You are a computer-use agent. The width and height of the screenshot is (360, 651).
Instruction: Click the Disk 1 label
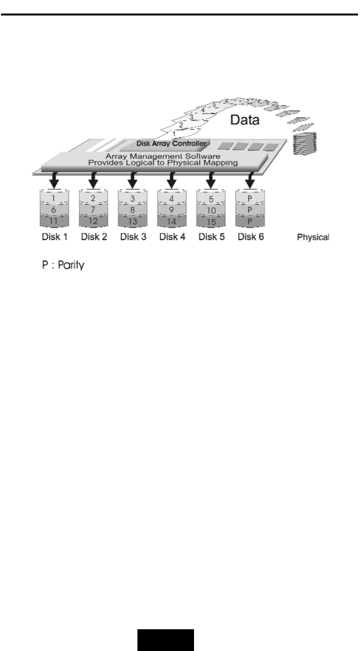(54, 237)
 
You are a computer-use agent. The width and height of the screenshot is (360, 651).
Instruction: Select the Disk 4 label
(171, 237)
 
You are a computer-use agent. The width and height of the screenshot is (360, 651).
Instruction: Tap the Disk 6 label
(250, 237)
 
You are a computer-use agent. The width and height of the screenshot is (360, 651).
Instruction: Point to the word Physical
(313, 237)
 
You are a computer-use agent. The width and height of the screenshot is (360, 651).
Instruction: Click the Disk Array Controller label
(165, 143)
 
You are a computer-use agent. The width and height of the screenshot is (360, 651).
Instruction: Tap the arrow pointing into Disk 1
(54, 180)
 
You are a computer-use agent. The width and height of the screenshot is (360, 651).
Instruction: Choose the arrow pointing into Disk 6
(250, 180)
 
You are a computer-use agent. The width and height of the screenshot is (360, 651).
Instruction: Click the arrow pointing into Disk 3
(132, 180)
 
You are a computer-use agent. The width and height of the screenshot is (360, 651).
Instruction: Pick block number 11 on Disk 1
(54, 220)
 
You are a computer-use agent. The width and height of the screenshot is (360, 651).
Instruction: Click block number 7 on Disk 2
(93, 209)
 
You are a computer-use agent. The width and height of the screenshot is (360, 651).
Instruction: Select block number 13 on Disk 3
(132, 220)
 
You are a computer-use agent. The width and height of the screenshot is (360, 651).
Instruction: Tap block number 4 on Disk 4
(171, 199)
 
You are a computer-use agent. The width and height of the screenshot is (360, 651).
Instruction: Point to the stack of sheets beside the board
(304, 143)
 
